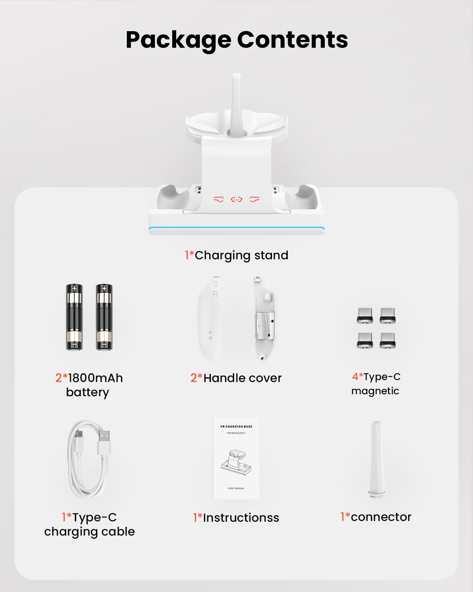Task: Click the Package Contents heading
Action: click(x=236, y=39)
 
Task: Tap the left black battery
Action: click(x=74, y=317)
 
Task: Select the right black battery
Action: click(x=104, y=317)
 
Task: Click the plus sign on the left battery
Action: click(x=74, y=289)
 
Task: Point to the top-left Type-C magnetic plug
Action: click(x=365, y=316)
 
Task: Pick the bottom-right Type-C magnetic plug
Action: click(x=387, y=340)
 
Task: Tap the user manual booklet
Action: click(x=236, y=459)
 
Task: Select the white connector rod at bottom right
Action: click(x=376, y=459)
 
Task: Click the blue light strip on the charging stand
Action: click(x=236, y=229)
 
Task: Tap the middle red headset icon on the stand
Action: click(x=236, y=200)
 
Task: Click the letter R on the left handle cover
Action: click(x=215, y=294)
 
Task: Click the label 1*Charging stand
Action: click(x=236, y=255)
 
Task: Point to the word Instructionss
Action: click(x=241, y=517)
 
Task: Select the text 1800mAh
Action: click(x=95, y=378)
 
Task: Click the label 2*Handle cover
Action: click(x=236, y=378)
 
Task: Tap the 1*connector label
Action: click(x=376, y=517)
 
